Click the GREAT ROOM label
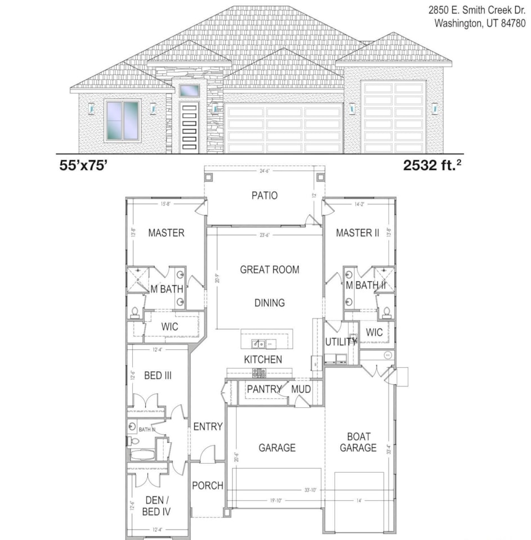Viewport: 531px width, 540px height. (x=269, y=269)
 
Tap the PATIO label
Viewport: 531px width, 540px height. (x=264, y=196)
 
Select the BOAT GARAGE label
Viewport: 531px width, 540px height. (x=358, y=442)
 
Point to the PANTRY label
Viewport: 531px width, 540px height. (x=264, y=389)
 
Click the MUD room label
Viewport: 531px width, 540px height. (x=301, y=389)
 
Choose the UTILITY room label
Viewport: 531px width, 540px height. (x=341, y=341)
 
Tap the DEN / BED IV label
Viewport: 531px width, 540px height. (x=154, y=506)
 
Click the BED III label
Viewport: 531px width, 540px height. (x=158, y=375)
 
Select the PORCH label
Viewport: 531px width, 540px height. (x=208, y=485)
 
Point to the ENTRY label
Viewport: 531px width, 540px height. (x=208, y=427)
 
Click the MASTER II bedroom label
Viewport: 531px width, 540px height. (x=358, y=233)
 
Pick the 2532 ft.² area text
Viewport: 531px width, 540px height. (x=432, y=165)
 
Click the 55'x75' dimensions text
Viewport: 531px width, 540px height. (x=83, y=165)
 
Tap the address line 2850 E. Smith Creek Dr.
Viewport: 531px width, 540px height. (x=477, y=10)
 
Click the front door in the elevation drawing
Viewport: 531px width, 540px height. (x=189, y=127)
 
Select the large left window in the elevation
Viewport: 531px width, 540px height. (x=122, y=120)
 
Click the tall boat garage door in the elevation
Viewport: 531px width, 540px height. (x=393, y=117)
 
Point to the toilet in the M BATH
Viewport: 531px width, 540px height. (x=135, y=312)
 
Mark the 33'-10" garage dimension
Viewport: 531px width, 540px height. (x=310, y=490)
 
